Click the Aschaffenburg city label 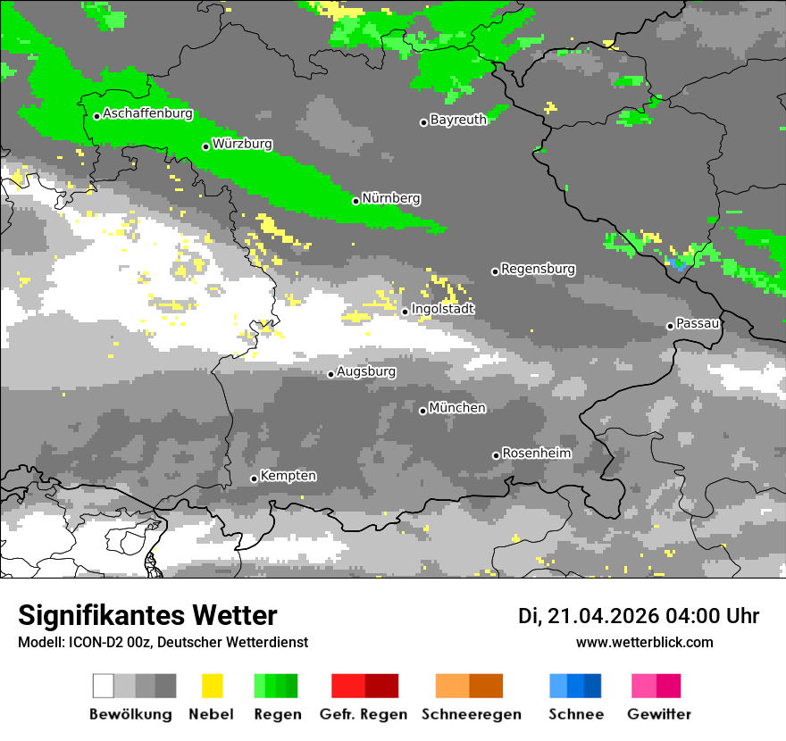click(x=147, y=113)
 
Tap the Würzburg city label click(x=242, y=144)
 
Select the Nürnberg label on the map click(x=391, y=198)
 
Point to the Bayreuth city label click(x=458, y=120)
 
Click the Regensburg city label click(x=538, y=269)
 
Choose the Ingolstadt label click(x=443, y=309)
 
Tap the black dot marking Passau click(x=670, y=326)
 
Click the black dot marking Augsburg click(x=330, y=374)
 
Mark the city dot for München click(x=422, y=411)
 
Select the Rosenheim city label click(x=536, y=454)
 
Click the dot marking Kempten click(x=254, y=479)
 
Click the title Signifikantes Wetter click(x=147, y=615)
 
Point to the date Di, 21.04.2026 click(x=586, y=616)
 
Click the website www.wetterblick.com click(x=644, y=642)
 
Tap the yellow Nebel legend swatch click(x=212, y=686)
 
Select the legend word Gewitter click(x=658, y=714)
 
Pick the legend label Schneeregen click(x=471, y=714)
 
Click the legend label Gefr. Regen click(x=364, y=714)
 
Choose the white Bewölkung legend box click(x=104, y=686)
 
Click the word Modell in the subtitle click(x=38, y=642)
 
